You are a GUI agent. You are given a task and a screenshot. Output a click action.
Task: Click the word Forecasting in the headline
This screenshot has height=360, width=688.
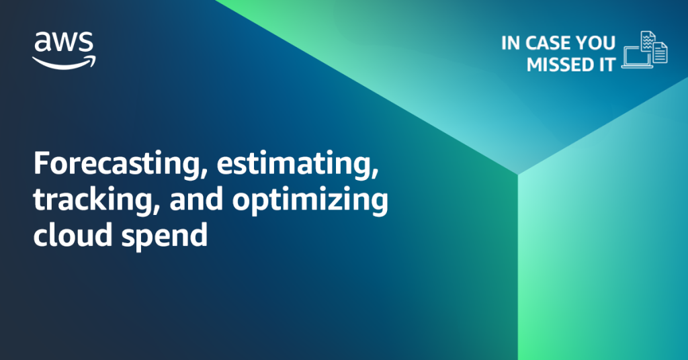(118, 164)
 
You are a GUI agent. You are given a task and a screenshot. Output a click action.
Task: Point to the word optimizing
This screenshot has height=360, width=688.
(310, 200)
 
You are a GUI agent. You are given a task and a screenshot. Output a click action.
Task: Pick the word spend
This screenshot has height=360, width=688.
(164, 236)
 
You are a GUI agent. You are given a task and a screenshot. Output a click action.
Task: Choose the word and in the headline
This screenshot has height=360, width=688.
(196, 199)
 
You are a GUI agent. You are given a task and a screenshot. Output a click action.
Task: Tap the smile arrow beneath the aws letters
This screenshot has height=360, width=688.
(64, 62)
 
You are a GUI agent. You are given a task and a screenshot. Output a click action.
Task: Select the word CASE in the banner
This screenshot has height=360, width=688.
(548, 43)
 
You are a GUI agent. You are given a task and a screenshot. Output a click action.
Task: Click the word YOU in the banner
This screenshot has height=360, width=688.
(595, 43)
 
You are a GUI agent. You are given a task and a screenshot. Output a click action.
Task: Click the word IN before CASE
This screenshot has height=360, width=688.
(511, 43)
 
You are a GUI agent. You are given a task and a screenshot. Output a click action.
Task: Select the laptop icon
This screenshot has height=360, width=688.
(637, 58)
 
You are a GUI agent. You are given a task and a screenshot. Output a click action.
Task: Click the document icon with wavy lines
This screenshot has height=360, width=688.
(648, 41)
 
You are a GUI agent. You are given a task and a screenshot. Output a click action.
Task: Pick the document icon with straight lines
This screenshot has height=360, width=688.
(660, 52)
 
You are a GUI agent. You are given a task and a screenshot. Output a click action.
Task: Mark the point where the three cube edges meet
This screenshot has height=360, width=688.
(518, 175)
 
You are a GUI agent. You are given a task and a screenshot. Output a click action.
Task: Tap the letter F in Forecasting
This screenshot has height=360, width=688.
(41, 163)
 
